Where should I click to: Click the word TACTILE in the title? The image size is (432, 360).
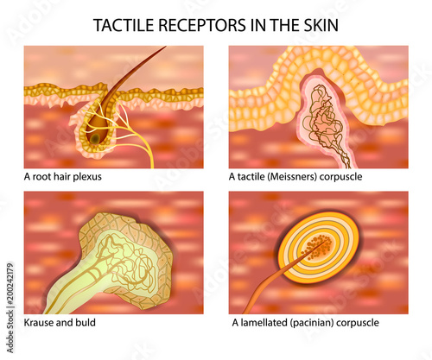coord(124,25)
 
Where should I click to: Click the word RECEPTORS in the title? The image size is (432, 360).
coord(202,25)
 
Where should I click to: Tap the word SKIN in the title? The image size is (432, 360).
coord(321,25)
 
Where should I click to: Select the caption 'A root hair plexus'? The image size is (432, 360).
coord(63,176)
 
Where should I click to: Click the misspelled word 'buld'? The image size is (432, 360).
coord(86,322)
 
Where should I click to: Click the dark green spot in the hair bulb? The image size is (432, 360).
coord(94,139)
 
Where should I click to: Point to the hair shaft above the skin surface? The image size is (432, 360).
coord(137,68)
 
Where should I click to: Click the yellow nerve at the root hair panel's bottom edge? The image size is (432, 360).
coord(152,164)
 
